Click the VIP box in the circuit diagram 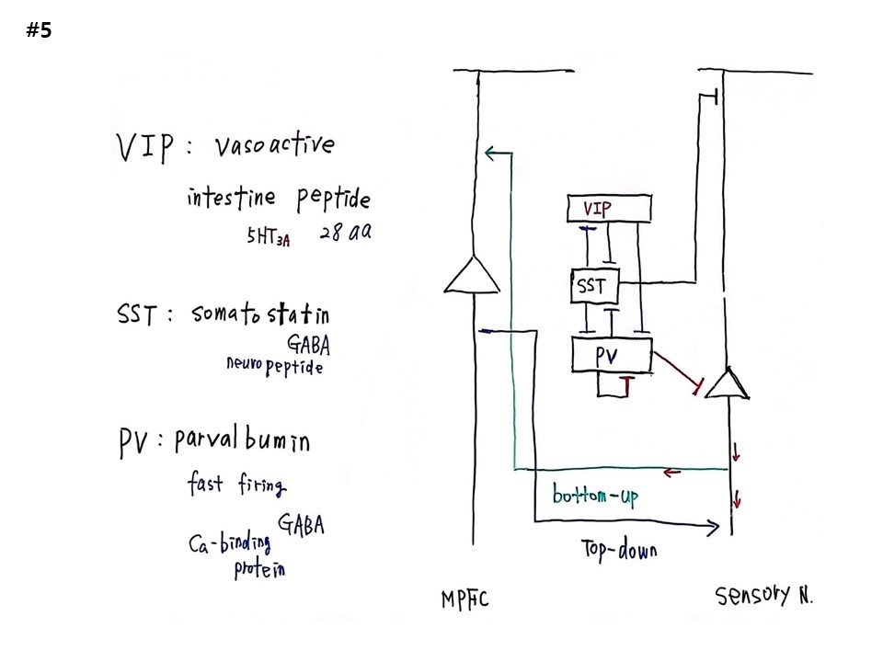tap(610, 210)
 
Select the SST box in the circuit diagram tap(594, 286)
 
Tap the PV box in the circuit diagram tap(611, 355)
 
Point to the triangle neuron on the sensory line tap(728, 383)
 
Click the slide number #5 tap(40, 30)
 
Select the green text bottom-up tap(594, 496)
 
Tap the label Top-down tap(619, 550)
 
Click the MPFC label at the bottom tap(464, 600)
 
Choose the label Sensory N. tap(764, 596)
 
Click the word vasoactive tap(274, 145)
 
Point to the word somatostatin tap(260, 314)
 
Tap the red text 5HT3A tap(268, 237)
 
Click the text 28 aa tap(346, 233)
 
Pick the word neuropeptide tap(274, 366)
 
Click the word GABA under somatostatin tap(309, 345)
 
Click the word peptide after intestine tap(333, 198)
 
